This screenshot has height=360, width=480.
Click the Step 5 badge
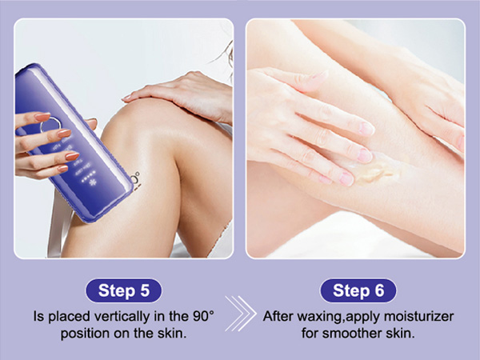[123, 290]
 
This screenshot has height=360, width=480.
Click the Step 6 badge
[358, 290]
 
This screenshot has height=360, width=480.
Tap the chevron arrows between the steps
[241, 313]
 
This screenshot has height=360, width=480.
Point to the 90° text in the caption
[203, 316]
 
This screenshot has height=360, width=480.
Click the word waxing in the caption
[320, 317]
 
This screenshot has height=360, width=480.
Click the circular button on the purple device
[50, 126]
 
